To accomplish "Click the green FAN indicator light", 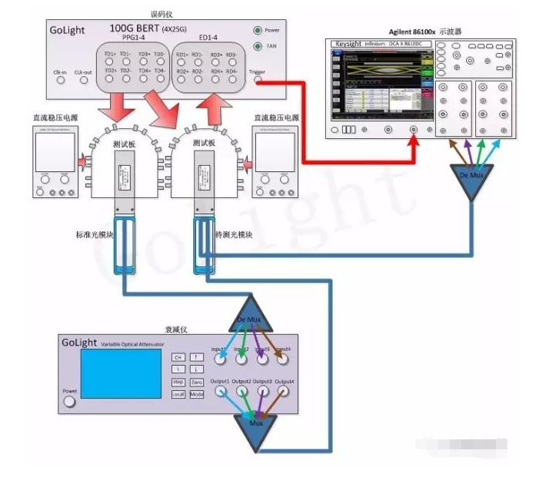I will tap(258, 46).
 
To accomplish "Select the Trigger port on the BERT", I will tap(257, 80).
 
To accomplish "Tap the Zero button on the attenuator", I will tap(196, 382).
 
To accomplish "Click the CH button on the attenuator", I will tap(178, 357).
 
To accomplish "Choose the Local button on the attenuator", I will tap(178, 394).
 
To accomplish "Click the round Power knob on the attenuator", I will tap(70, 402).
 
